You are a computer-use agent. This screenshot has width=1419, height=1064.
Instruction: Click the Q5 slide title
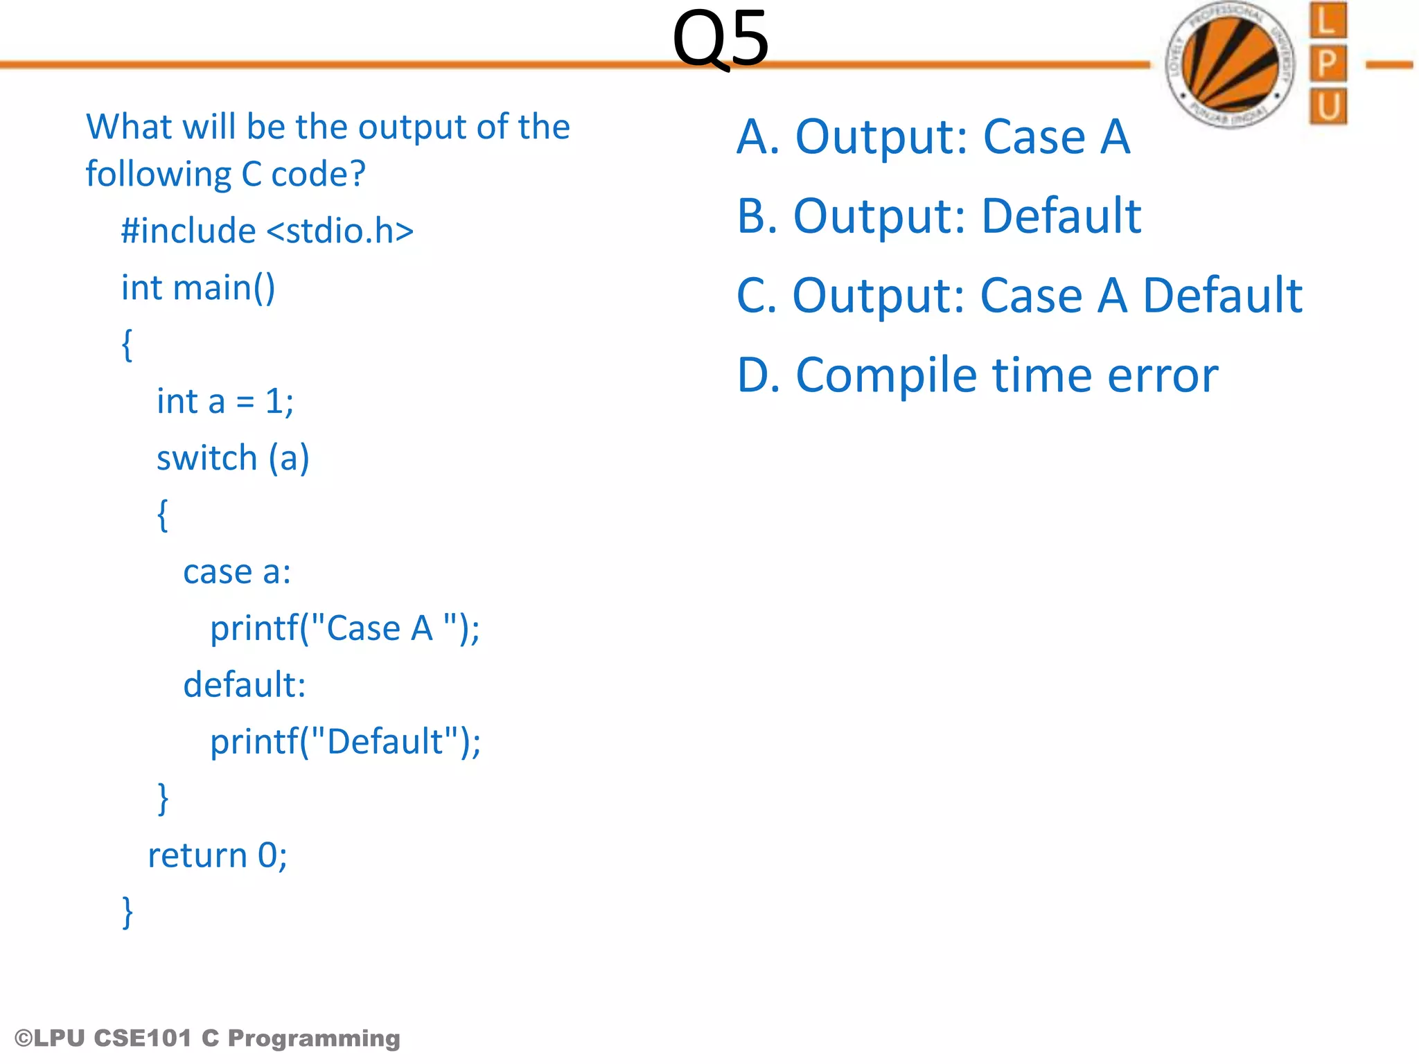tap(720, 39)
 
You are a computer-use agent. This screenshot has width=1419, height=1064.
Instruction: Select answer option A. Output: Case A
tap(933, 136)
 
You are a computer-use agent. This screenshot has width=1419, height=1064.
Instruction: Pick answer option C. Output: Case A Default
tap(1019, 295)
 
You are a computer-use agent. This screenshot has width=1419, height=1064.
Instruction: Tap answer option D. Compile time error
tap(977, 375)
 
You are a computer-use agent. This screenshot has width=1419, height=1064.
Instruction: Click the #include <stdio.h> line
tap(267, 231)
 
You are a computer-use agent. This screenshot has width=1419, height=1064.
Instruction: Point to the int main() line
tap(198, 287)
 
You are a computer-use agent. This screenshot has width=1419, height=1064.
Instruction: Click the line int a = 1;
tap(225, 401)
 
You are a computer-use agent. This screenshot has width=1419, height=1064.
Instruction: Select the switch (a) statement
tap(233, 458)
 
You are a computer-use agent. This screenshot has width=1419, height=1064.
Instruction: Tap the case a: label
tap(237, 571)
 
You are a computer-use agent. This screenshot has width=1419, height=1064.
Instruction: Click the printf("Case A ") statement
tap(344, 628)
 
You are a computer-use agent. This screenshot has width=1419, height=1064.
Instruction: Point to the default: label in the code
tap(245, 684)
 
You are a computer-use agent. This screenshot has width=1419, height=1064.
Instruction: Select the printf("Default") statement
tap(345, 741)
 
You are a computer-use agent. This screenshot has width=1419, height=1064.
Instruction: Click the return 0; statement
tap(218, 855)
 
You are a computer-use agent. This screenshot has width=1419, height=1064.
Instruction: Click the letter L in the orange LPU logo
tap(1327, 21)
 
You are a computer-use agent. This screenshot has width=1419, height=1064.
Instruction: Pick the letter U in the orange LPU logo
tap(1328, 107)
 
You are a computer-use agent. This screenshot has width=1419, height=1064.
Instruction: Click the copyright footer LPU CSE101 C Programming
tap(207, 1038)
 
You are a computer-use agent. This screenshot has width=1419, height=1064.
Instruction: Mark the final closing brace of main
tap(127, 912)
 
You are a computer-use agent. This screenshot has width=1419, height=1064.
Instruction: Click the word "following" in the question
tap(158, 174)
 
